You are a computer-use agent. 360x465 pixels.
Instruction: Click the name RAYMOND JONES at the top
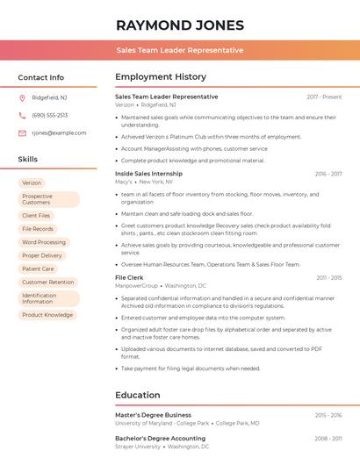click(180, 25)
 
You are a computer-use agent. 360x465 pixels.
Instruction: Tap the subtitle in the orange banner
click(180, 50)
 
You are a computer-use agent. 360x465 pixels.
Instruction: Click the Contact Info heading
click(41, 77)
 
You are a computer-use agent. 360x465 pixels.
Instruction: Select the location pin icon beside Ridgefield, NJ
click(22, 97)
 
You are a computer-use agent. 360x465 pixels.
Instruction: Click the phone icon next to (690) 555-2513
click(22, 115)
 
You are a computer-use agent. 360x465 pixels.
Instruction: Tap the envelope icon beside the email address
click(22, 132)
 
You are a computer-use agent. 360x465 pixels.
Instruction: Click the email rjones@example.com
click(59, 132)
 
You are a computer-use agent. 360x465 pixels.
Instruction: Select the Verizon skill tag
click(32, 182)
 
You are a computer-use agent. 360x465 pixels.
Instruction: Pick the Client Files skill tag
click(36, 215)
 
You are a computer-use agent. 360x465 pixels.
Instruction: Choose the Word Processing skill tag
click(43, 242)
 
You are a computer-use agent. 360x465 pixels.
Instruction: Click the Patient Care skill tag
click(38, 268)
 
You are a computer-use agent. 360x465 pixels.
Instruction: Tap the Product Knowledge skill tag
click(47, 314)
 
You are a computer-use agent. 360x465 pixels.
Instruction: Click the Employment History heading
click(161, 77)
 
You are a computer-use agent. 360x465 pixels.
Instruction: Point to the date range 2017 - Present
click(324, 97)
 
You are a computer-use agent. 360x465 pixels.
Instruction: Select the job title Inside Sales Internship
click(149, 174)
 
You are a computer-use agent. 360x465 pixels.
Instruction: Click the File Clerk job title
click(129, 277)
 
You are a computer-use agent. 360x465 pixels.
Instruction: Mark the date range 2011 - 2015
click(328, 278)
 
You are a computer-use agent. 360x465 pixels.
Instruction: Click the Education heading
click(138, 395)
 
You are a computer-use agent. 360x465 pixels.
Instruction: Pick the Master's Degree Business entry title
click(153, 415)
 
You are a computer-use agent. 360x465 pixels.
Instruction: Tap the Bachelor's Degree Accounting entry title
click(160, 438)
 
